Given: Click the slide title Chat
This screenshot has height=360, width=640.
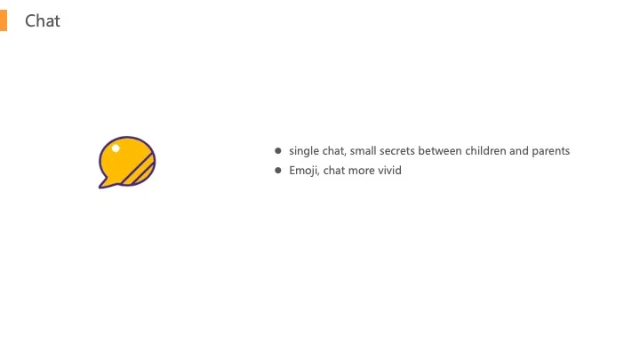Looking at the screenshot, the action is (x=43, y=20).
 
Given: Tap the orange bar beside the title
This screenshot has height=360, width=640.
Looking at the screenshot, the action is (x=4, y=20).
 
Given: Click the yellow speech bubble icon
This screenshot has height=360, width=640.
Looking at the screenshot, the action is (x=127, y=163).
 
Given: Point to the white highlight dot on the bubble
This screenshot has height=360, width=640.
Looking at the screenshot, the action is (x=116, y=148).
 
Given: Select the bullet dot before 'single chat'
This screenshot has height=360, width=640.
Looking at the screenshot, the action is (x=278, y=150).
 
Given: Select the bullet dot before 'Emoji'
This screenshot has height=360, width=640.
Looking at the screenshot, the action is (x=278, y=170).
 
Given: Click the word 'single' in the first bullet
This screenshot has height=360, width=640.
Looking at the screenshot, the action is (x=304, y=151).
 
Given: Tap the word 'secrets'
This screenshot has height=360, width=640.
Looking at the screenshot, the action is (x=397, y=151).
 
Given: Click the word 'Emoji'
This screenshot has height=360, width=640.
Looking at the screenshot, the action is (x=304, y=171).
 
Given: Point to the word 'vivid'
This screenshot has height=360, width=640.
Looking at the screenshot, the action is (x=389, y=170).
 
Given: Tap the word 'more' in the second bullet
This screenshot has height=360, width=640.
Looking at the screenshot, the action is (x=361, y=171).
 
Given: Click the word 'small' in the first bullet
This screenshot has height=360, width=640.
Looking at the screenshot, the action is (x=363, y=150).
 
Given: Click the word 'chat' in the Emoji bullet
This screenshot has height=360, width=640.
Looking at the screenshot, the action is (x=334, y=170).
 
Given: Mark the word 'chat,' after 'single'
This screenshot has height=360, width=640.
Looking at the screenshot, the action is (x=334, y=151).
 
